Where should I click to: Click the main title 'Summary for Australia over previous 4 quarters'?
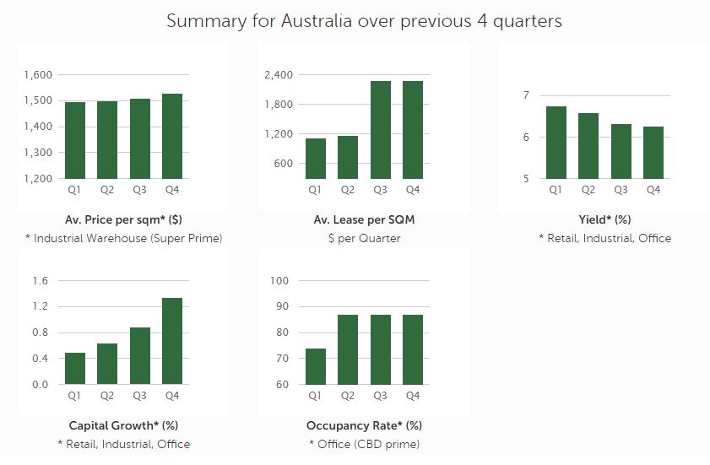[364, 20]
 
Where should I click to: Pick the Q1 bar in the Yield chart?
[556, 142]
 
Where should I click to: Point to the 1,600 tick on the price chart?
[38, 75]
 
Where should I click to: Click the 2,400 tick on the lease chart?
[279, 75]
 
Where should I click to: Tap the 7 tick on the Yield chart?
[525, 95]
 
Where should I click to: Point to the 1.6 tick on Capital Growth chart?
[41, 281]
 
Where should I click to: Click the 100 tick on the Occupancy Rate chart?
[279, 281]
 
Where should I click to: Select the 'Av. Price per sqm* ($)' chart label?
[123, 220]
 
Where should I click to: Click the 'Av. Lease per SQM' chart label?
[364, 220]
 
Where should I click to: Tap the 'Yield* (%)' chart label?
[604, 220]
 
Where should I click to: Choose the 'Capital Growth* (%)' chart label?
[123, 425]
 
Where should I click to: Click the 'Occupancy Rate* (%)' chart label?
[364, 425]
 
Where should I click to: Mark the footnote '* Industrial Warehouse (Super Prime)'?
[123, 239]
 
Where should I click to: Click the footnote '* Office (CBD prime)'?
[364, 444]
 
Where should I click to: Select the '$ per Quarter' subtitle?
[364, 239]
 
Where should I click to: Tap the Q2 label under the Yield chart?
[588, 190]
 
